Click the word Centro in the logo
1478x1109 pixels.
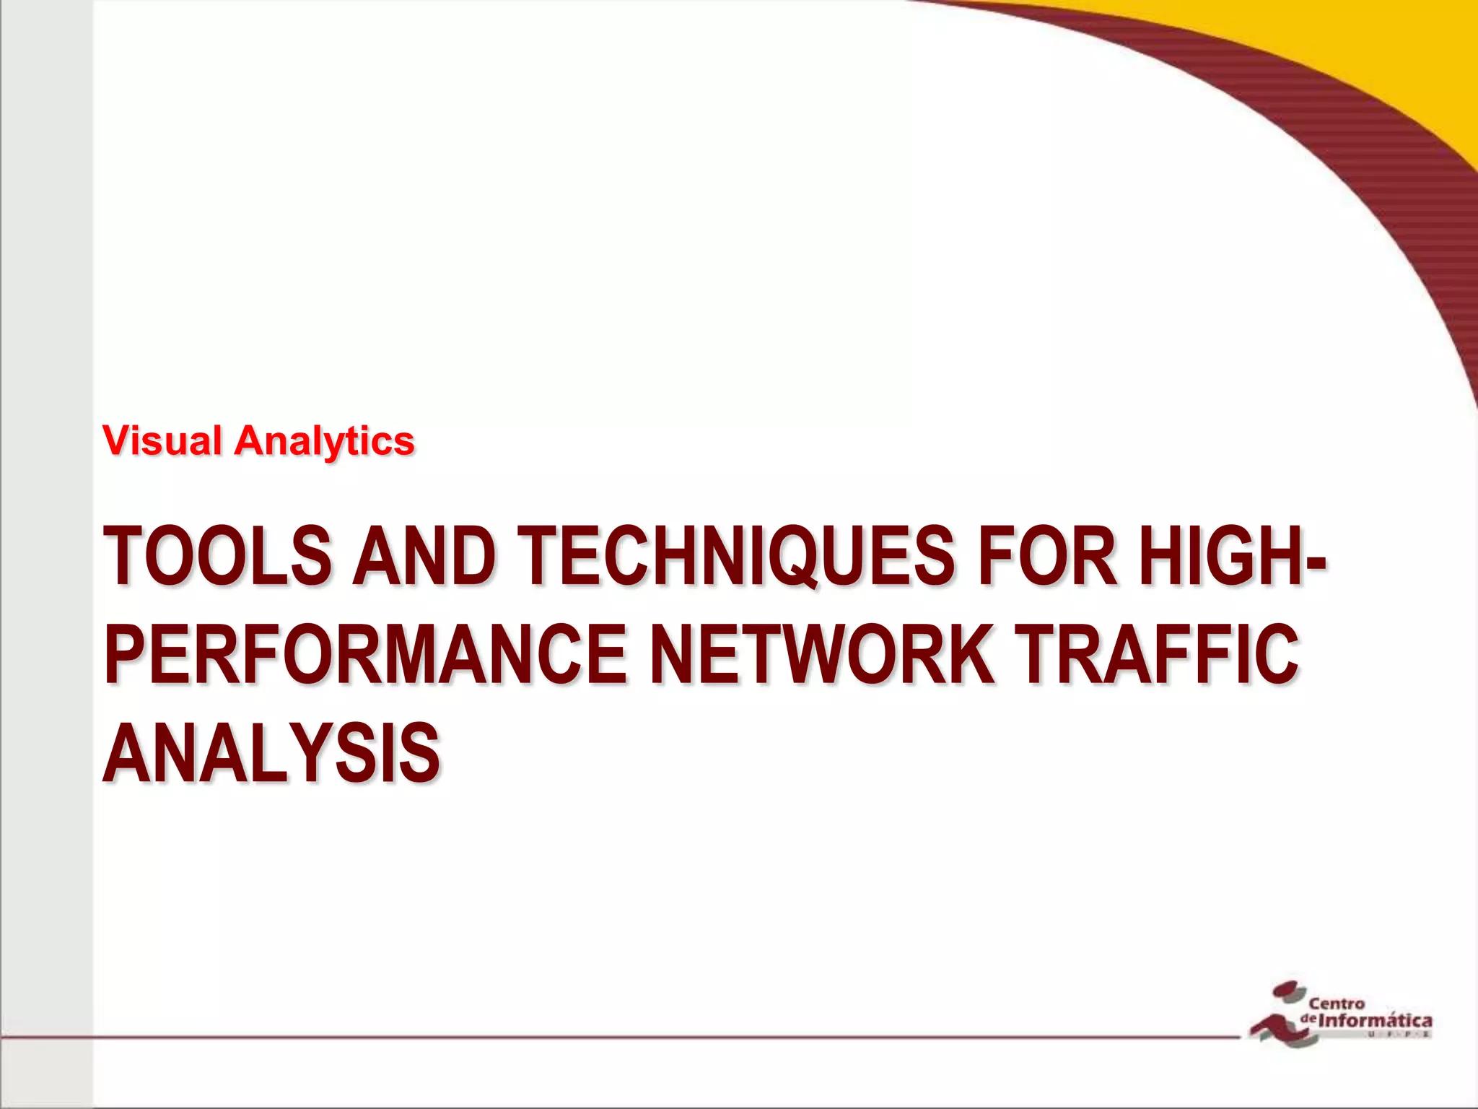[1337, 1004]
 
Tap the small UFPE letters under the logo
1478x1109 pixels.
[1396, 1035]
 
